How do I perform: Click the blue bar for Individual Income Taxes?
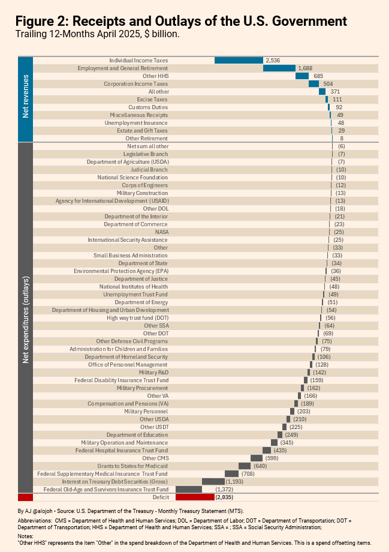coord(239,61)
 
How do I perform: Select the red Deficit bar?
coord(195,497)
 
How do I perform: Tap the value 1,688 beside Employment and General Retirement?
coord(305,68)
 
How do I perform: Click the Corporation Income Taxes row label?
coord(136,84)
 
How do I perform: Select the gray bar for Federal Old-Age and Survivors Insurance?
coord(189,490)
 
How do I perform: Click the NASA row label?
coord(162,232)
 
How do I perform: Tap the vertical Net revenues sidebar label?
coord(25,96)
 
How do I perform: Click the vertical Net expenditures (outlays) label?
coord(25,320)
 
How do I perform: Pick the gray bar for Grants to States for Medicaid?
coord(245,466)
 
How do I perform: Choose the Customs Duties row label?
coord(148,107)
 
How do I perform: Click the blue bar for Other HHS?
coord(301,76)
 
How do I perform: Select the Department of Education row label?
coord(137,435)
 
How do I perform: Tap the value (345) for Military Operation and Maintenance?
coord(287,443)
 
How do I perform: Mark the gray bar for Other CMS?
coord(257,458)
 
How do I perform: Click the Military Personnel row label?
coord(146,412)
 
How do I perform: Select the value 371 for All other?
coord(335,92)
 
